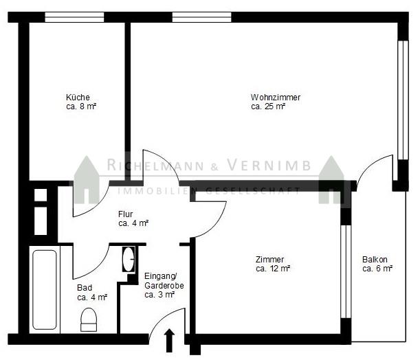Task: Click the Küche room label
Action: (78, 97)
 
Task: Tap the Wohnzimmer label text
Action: (276, 97)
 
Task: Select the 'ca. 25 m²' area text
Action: (268, 106)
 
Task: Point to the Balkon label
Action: (375, 260)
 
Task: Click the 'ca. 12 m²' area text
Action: (273, 269)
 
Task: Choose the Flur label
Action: (125, 214)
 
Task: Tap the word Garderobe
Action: (164, 286)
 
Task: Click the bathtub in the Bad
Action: (45, 290)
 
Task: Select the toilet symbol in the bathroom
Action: (89, 319)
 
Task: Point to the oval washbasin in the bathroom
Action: (129, 260)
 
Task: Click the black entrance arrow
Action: (169, 340)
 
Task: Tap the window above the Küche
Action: (74, 17)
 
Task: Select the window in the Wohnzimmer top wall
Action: (201, 17)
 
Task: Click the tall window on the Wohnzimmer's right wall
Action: (403, 100)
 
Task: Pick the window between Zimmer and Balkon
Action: (346, 271)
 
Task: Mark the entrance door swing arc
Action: (162, 317)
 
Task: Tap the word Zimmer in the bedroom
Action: (269, 260)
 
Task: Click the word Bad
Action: (85, 288)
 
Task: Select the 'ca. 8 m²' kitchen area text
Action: (81, 106)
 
